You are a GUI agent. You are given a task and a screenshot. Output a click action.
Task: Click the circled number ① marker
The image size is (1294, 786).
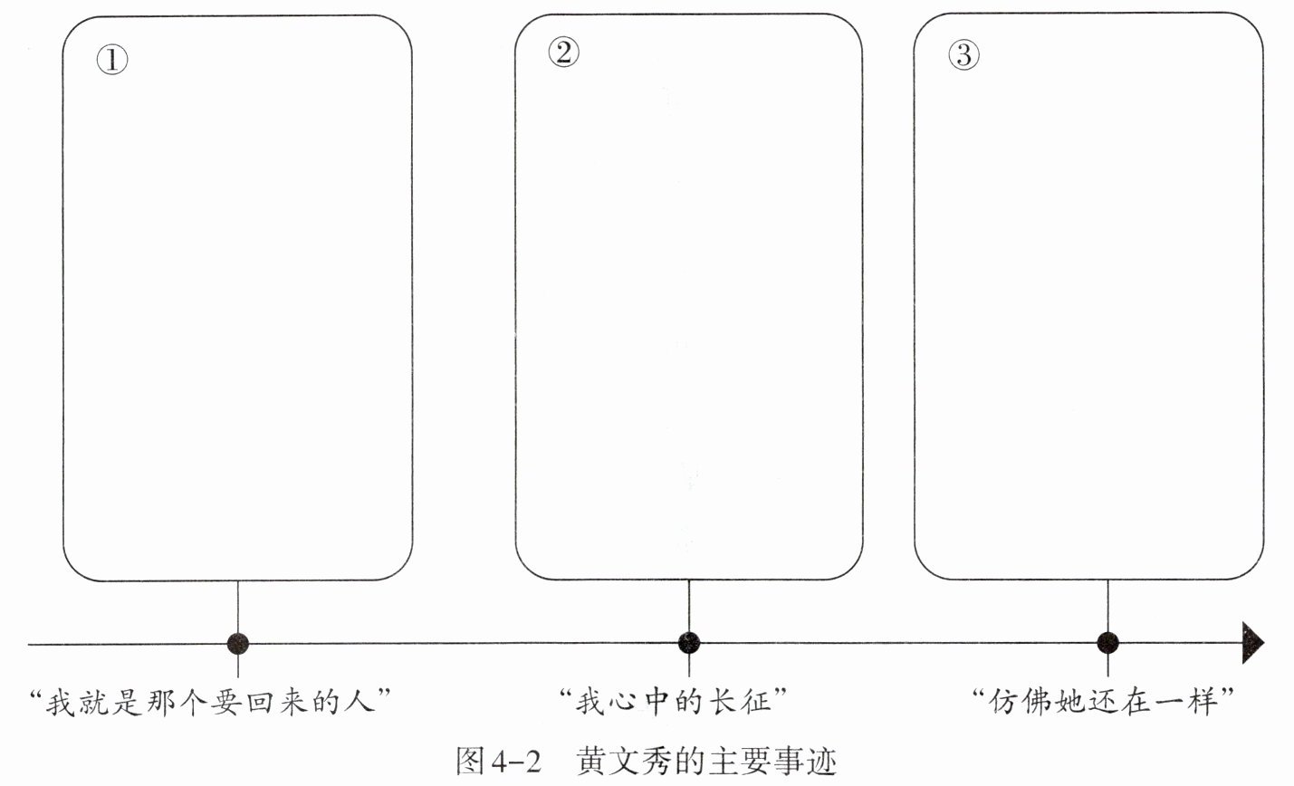[x=112, y=61]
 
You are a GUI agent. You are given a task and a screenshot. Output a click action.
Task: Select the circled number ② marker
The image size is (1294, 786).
[x=563, y=53]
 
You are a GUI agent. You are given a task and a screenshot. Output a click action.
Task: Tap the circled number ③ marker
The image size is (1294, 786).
[x=963, y=55]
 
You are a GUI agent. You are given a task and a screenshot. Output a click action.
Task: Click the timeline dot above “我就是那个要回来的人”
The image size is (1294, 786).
[x=238, y=643]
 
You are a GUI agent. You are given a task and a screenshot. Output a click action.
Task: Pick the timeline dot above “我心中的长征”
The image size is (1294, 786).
[x=689, y=643]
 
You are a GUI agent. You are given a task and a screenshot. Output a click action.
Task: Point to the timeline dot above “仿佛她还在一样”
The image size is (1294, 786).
[x=1107, y=643]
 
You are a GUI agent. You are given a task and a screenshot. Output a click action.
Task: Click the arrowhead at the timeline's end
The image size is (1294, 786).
[x=1252, y=643]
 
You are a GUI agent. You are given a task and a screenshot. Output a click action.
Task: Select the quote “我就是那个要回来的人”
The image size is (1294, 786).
[x=216, y=702]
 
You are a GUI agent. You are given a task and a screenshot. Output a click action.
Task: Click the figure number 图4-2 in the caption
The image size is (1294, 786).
[x=498, y=762]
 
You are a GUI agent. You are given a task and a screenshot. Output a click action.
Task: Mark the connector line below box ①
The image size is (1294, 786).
[x=238, y=607]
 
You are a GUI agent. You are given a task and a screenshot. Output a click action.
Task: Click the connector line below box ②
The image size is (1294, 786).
[x=689, y=607]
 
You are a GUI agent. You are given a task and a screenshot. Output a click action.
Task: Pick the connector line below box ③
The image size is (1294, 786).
[x=1107, y=607]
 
